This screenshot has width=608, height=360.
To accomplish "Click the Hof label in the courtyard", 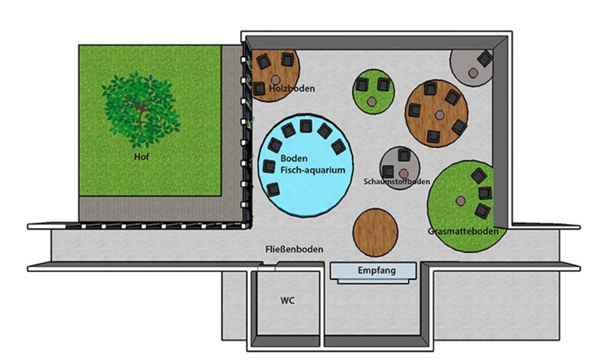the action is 142,157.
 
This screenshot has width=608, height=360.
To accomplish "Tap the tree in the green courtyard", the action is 140,110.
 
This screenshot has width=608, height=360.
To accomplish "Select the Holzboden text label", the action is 292,89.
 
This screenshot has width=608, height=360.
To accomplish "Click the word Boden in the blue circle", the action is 294,158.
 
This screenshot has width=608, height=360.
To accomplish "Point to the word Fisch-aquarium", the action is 313,170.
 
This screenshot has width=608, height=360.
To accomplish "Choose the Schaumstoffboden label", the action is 397,181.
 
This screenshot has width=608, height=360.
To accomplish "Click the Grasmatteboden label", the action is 463,232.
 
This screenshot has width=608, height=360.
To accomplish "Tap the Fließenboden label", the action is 294,249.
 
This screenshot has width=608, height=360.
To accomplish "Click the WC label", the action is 287,301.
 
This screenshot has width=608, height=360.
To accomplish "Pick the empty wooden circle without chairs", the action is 375,233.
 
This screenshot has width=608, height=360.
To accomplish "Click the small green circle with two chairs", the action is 373,92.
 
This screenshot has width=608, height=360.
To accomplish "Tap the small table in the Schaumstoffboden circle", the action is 404,173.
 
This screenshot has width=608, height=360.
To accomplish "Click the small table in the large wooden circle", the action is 439,115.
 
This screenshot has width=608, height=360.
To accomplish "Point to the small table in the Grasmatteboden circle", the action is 461,201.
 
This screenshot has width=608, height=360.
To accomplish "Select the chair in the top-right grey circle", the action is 485,59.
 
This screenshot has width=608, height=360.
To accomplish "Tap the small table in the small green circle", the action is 372,102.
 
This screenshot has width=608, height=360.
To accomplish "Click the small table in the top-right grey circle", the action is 473,73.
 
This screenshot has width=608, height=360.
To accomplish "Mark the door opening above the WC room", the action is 267,266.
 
